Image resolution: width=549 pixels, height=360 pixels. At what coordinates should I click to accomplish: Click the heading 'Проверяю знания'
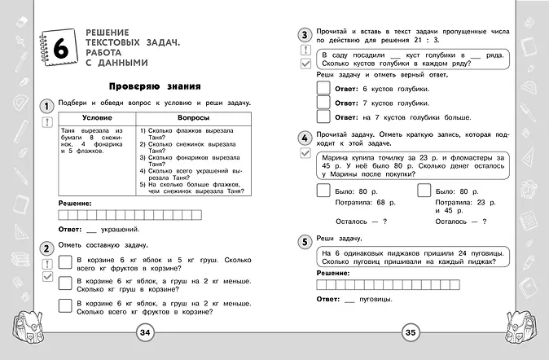coord(155,86)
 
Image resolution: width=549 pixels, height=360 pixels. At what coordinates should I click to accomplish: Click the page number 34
coord(144,331)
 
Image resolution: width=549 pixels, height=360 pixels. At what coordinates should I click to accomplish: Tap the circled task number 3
coord(304,35)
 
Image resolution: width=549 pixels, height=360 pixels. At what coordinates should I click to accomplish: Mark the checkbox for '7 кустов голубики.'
coord(323,103)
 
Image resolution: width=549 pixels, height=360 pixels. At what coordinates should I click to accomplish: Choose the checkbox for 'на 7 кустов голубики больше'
coord(323,119)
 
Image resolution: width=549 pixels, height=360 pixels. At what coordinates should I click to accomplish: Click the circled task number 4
coord(304,137)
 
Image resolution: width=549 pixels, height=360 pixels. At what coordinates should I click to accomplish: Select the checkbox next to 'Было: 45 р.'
coord(423,191)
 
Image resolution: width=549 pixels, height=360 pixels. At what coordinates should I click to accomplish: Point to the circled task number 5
coord(304,242)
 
